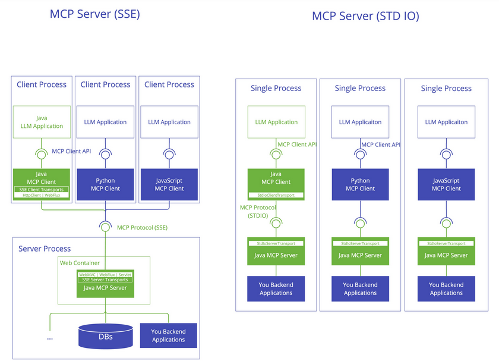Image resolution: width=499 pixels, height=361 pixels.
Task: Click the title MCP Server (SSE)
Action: pyautogui.click(x=95, y=14)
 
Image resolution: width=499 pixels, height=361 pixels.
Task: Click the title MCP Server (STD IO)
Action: pyautogui.click(x=365, y=16)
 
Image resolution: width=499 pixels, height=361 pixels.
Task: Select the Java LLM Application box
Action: pyautogui.click(x=42, y=122)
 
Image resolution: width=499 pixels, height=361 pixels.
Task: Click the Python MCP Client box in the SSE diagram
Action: pyautogui.click(x=105, y=184)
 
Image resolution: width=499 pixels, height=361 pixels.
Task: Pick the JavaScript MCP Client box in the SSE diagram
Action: pyautogui.click(x=169, y=184)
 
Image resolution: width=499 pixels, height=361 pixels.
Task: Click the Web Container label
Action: pyautogui.click(x=80, y=262)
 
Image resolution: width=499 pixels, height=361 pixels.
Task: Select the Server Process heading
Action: pyautogui.click(x=45, y=249)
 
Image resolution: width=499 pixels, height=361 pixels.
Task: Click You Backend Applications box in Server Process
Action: pyautogui.click(x=168, y=335)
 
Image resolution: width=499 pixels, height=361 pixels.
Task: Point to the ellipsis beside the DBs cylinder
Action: pyautogui.click(x=50, y=337)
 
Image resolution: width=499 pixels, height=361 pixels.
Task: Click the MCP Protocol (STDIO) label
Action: pyautogui.click(x=255, y=212)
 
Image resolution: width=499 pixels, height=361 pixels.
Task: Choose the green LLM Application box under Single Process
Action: pyautogui.click(x=276, y=122)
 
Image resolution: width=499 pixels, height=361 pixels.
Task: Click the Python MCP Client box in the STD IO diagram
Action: pyautogui.click(x=360, y=184)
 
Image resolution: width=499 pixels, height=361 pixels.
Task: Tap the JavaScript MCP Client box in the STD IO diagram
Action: pyautogui.click(x=446, y=184)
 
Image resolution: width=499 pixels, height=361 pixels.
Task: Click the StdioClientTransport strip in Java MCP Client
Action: pyautogui.click(x=276, y=195)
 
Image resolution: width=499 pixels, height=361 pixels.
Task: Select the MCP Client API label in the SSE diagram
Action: pyautogui.click(x=75, y=151)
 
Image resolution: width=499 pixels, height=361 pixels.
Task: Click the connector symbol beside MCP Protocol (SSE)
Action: pyautogui.click(x=105, y=227)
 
